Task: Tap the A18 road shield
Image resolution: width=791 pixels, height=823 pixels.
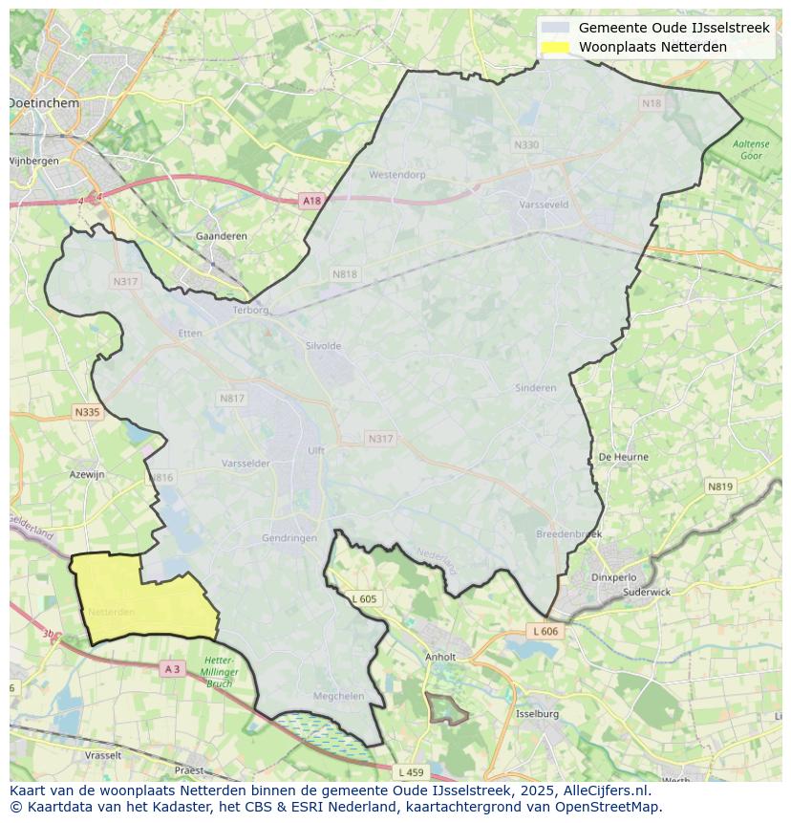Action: click(311, 201)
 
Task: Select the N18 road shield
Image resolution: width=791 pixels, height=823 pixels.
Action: click(651, 103)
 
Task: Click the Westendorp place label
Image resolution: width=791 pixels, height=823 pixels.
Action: click(396, 175)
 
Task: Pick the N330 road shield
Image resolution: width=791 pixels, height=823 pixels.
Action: click(526, 144)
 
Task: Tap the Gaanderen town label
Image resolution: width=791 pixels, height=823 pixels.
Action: click(221, 236)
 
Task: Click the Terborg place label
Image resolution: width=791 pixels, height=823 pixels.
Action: click(252, 310)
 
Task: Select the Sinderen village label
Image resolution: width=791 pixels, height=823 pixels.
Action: click(535, 388)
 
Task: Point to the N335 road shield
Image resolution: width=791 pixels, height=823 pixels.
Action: click(86, 412)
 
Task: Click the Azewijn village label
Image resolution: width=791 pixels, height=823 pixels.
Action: click(87, 474)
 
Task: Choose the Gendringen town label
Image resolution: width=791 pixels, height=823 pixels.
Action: click(289, 538)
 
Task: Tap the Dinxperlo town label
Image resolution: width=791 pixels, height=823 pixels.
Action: click(613, 577)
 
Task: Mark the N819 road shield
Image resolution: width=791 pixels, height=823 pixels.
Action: click(720, 487)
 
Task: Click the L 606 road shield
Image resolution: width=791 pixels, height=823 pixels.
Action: click(545, 632)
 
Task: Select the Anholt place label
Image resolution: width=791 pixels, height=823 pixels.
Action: click(440, 658)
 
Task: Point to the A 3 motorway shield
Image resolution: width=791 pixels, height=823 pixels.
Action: click(172, 669)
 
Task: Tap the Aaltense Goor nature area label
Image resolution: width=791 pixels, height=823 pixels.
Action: click(750, 149)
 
